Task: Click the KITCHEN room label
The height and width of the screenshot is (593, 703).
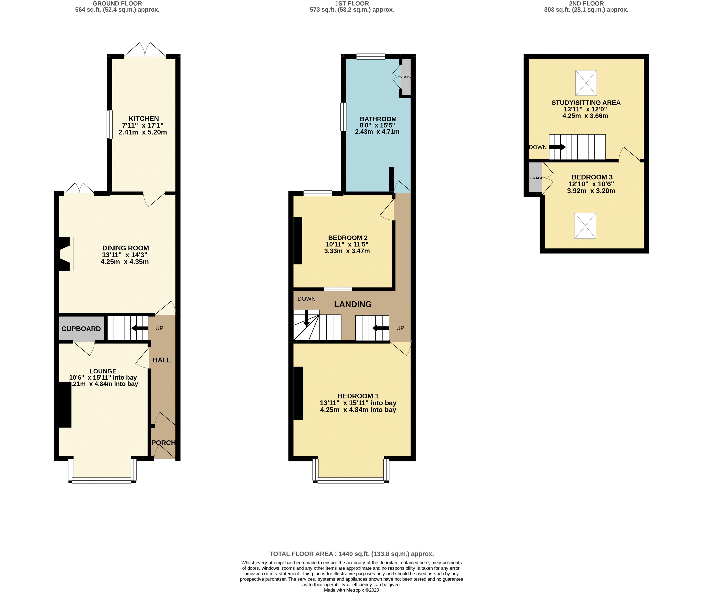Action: (144, 118)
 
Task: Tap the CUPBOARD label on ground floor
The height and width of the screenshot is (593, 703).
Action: (81, 329)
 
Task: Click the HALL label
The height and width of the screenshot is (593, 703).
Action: (162, 360)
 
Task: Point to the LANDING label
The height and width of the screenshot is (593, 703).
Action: (353, 304)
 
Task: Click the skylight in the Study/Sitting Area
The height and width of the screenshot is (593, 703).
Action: (586, 83)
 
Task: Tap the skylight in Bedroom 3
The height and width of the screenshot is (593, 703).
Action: (585, 226)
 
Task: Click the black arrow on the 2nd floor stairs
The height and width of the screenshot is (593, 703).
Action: (557, 147)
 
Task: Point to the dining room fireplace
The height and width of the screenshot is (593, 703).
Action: (66, 254)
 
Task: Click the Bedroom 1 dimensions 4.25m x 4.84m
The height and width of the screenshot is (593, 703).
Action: (358, 410)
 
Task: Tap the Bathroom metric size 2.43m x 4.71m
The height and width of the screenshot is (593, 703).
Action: (377, 132)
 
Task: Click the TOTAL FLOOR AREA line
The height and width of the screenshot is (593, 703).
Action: (351, 554)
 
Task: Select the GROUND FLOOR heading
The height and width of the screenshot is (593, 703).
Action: (117, 3)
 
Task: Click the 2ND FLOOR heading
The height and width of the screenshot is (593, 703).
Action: (586, 3)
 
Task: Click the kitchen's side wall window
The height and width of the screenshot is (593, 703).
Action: (109, 124)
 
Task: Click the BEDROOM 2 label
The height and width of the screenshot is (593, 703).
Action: (348, 238)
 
